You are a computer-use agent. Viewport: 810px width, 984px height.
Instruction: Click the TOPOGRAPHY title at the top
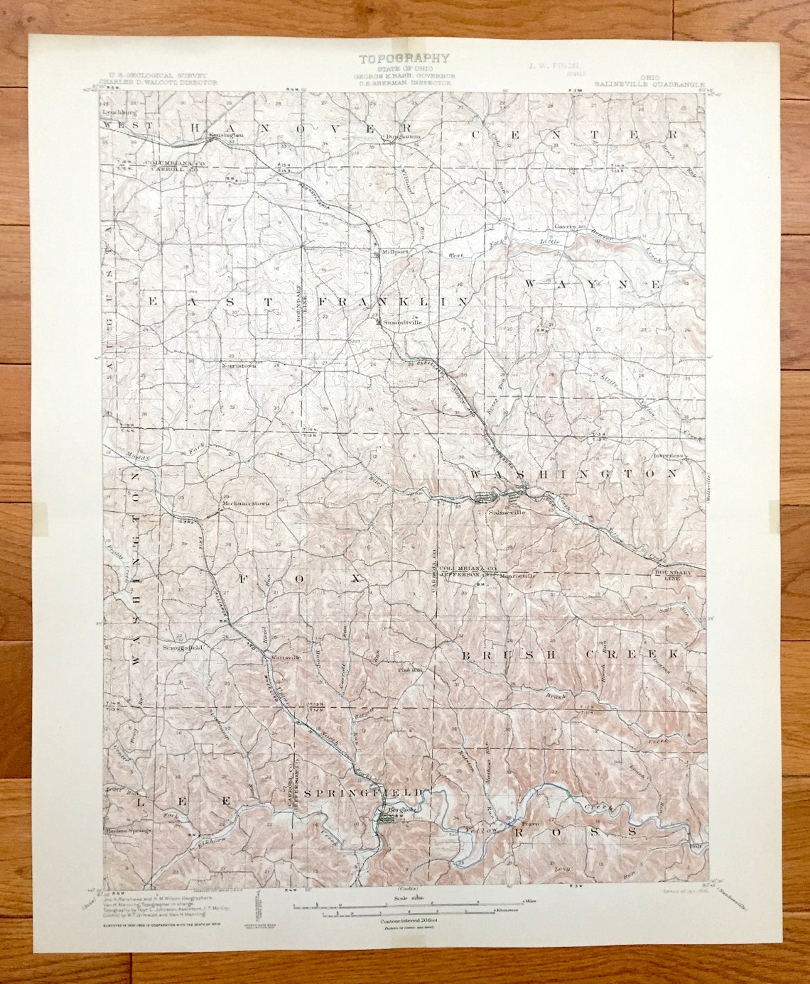click(404, 59)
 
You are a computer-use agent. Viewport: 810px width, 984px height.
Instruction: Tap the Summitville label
click(402, 322)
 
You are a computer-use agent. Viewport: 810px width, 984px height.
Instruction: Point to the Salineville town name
click(506, 511)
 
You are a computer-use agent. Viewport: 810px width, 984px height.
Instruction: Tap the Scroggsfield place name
click(182, 647)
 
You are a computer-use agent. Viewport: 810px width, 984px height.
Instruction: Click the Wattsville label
click(286, 657)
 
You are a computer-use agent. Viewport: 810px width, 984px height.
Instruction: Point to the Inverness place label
click(669, 456)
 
